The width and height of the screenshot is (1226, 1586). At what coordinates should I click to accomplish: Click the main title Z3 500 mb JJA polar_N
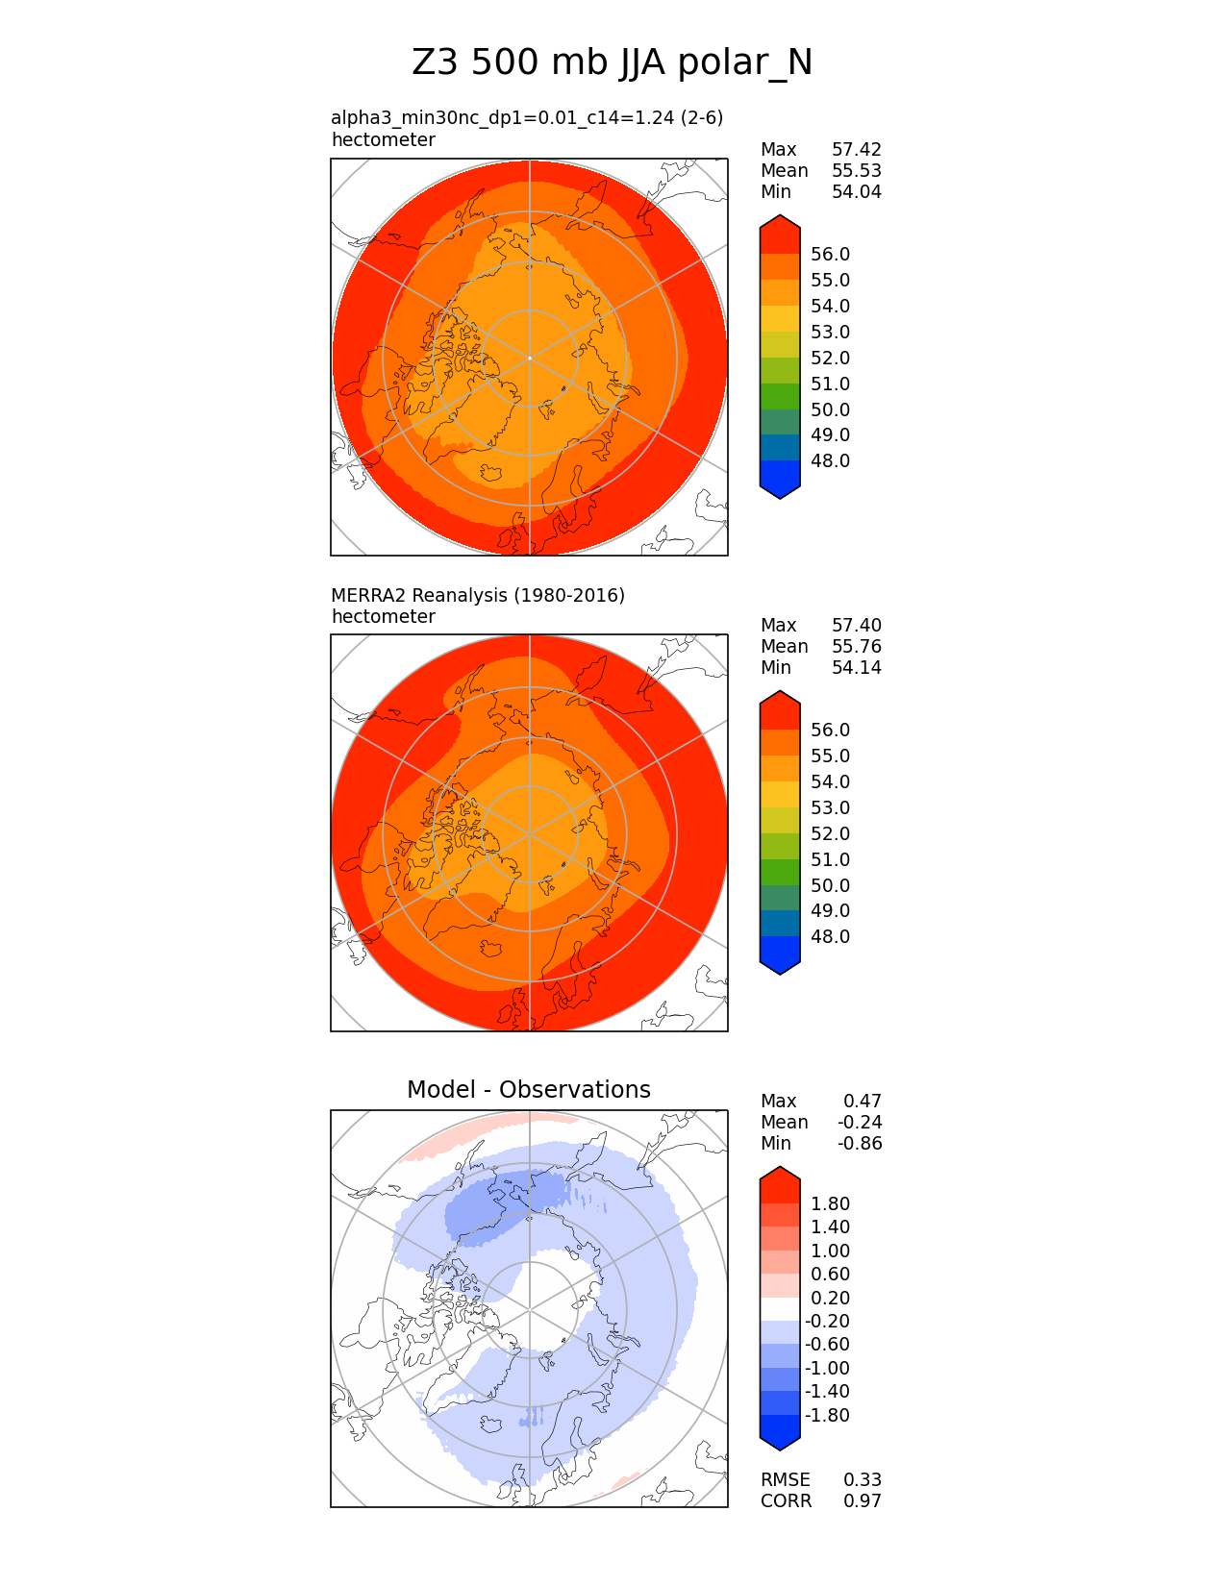point(612,63)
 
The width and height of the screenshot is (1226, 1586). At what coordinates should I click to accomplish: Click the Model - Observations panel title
point(528,1089)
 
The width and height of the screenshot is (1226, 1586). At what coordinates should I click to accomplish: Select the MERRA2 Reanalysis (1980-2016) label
point(478,595)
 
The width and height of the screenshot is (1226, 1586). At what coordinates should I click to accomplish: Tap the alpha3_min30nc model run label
point(527,117)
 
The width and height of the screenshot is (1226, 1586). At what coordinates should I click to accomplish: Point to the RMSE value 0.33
point(862,1479)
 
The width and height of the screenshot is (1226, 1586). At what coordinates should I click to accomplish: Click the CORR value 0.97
point(862,1500)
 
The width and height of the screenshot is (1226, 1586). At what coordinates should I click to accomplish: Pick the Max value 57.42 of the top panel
point(856,149)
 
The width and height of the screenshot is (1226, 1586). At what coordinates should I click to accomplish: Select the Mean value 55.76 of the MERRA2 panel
point(856,646)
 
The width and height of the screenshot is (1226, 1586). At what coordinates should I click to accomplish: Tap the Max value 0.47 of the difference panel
point(862,1101)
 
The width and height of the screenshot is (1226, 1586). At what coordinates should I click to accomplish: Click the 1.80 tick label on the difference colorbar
point(830,1203)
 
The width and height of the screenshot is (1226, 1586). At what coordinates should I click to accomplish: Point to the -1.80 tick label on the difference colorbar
point(827,1415)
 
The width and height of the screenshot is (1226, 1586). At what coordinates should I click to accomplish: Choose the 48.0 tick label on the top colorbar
point(830,460)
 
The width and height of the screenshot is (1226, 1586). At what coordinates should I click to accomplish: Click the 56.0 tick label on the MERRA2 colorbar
point(830,730)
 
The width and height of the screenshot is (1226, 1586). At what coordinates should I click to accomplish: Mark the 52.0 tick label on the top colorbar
point(830,358)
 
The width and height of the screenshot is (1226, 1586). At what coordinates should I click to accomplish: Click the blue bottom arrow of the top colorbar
point(780,486)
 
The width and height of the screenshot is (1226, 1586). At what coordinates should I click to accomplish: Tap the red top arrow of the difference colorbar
point(780,1178)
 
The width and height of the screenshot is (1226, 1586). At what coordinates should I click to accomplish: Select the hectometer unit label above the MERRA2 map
point(383,616)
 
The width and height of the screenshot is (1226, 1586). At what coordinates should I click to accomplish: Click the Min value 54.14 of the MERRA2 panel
point(856,667)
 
